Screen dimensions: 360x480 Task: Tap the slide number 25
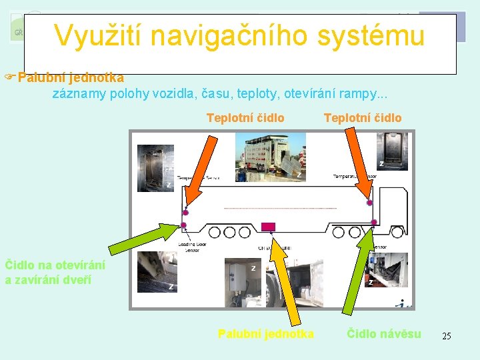[x=447, y=336]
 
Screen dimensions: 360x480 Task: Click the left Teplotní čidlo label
[x=245, y=118]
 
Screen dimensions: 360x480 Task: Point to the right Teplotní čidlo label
[x=363, y=118]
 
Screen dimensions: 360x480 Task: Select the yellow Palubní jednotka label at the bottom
[x=266, y=333]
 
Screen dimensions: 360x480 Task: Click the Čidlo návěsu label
[x=384, y=333]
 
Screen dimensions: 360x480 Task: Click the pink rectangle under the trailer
[x=269, y=227]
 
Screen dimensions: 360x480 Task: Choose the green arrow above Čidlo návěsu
[x=357, y=273]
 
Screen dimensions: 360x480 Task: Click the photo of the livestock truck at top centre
[x=275, y=156]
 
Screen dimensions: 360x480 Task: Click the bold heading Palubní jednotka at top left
[x=71, y=78]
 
